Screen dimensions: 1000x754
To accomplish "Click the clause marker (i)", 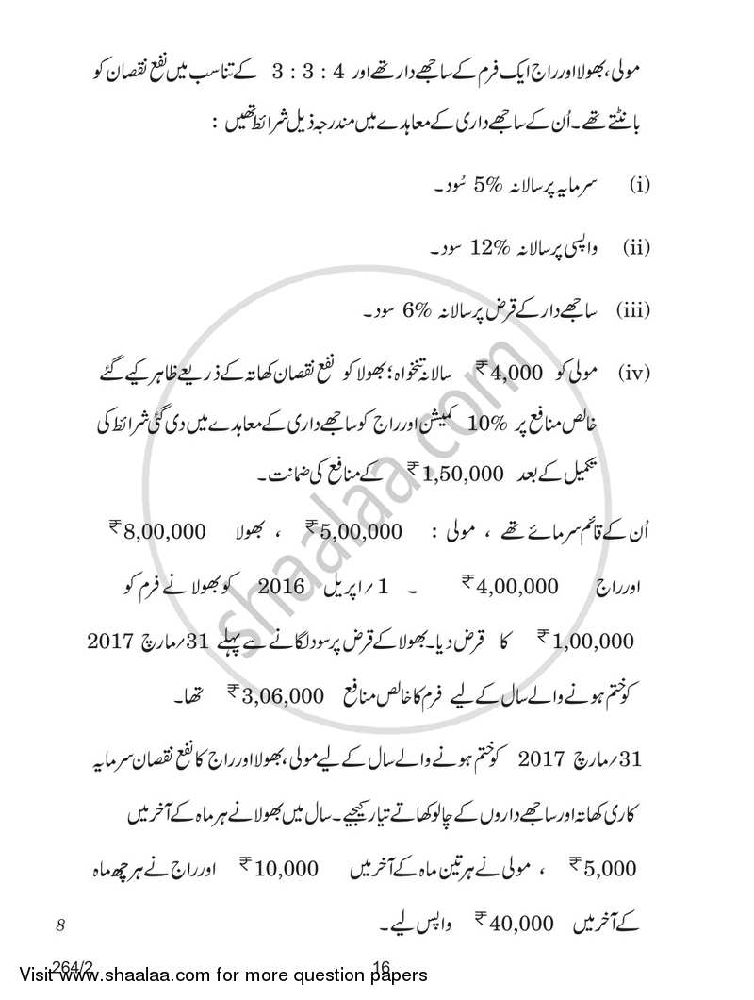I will click(x=640, y=186).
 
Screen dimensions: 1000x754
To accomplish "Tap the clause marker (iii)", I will click(x=633, y=309).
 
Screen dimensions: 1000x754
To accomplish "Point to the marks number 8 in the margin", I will click(x=58, y=926).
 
